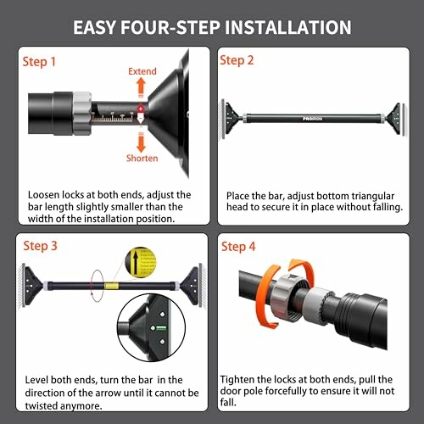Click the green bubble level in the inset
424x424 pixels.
159,324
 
